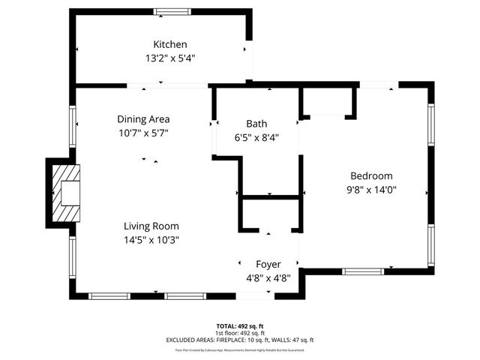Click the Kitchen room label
170,44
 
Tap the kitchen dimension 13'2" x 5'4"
170,58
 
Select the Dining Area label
143,118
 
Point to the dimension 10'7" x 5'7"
143,133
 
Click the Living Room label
151,226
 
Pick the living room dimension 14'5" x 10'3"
151,240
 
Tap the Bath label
256,124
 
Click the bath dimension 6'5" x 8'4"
256,137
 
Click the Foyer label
268,264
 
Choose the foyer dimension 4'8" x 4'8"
268,277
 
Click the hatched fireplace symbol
67,193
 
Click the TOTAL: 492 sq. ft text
240,326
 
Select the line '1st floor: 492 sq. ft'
240,333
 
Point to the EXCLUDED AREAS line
240,340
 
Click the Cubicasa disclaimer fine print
240,349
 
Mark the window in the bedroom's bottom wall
364,270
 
